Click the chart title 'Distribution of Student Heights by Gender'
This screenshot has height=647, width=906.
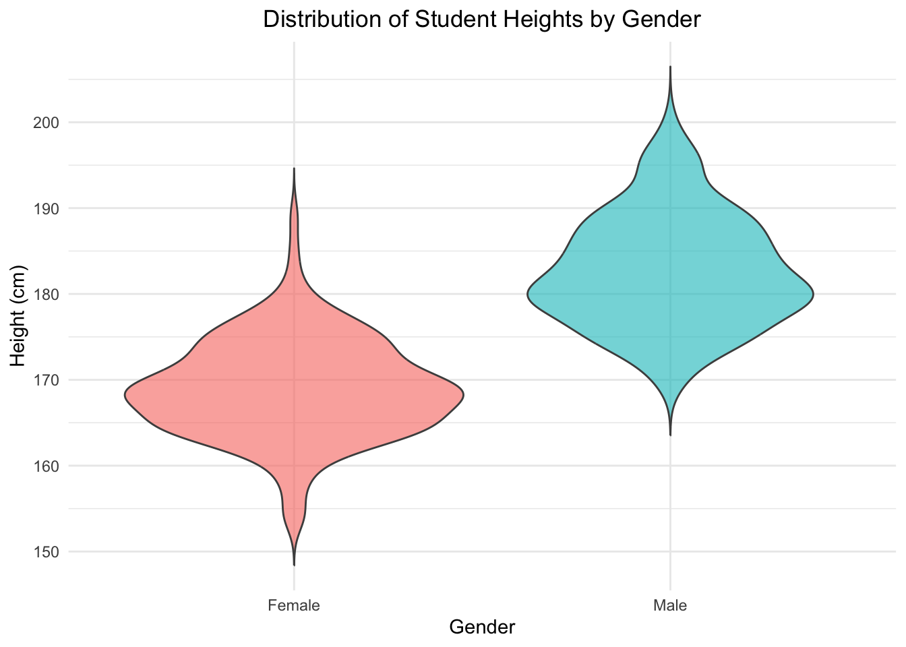[x=482, y=19]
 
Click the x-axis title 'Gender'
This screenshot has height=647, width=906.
[x=482, y=627]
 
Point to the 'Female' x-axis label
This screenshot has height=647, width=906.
[x=294, y=605]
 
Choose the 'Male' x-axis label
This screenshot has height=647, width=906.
[x=670, y=605]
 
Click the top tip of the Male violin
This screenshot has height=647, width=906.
[x=670, y=67]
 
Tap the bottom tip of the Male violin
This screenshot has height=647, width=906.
[x=670, y=435]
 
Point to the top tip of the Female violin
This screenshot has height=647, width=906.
[x=294, y=168]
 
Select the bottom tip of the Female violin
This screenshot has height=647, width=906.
[x=294, y=565]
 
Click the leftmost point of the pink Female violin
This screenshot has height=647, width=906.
[x=125, y=395]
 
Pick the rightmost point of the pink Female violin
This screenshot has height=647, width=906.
[x=464, y=395]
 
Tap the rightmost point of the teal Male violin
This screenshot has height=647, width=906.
[x=814, y=295]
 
